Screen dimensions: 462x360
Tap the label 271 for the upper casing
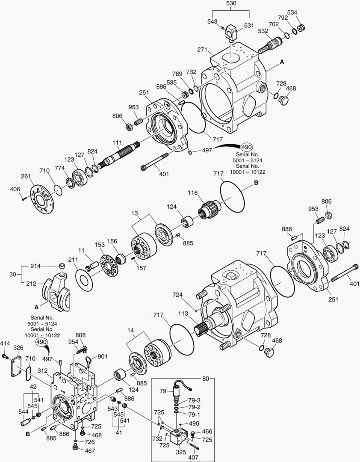pos(202,50)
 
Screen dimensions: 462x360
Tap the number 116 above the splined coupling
pos(192,193)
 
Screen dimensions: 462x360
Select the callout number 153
pos(100,245)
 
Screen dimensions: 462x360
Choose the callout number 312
pos(42,370)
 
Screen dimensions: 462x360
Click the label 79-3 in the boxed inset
pos(195,400)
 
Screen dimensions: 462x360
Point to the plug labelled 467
pos(75,448)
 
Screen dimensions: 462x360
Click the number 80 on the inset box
pos(206,379)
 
